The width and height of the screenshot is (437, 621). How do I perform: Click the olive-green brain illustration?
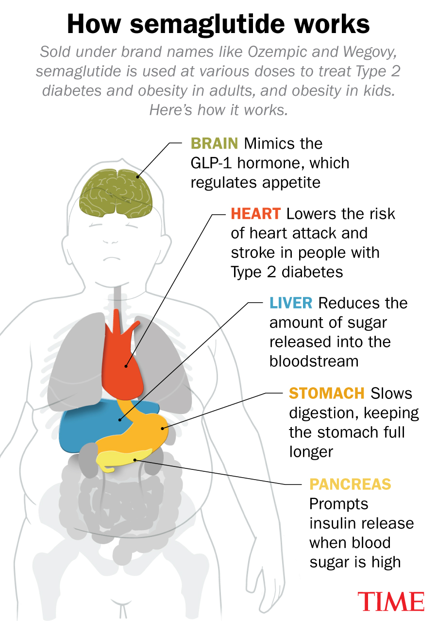click(x=116, y=193)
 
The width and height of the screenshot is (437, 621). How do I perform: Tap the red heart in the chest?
click(x=122, y=361)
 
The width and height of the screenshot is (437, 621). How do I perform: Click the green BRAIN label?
click(x=214, y=144)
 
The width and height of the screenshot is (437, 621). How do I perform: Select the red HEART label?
click(x=256, y=214)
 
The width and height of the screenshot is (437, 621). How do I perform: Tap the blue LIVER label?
click(x=291, y=303)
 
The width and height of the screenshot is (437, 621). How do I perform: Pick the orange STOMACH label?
click(x=326, y=393)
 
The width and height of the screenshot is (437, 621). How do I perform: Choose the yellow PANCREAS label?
click(x=350, y=484)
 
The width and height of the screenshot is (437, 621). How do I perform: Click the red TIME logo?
click(x=391, y=601)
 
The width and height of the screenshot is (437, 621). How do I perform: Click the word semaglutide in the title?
click(x=207, y=24)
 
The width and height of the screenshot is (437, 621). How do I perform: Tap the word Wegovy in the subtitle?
click(x=370, y=52)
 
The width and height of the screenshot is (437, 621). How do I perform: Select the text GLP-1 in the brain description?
click(x=211, y=163)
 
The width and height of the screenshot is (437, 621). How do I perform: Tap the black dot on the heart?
click(x=126, y=366)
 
